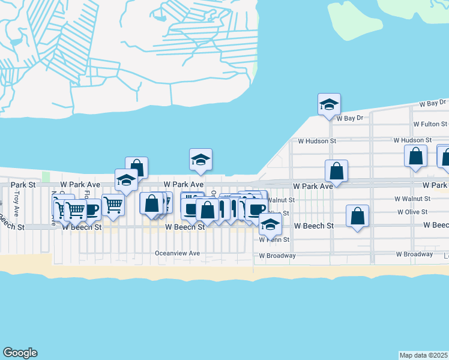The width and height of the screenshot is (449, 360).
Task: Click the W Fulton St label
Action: point(430,124)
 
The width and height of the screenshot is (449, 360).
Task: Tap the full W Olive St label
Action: point(412,212)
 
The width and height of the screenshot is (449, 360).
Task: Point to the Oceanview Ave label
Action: point(177,253)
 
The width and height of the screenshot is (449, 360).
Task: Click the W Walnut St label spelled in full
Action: point(412,198)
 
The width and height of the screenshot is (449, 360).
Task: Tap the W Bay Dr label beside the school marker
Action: point(351,118)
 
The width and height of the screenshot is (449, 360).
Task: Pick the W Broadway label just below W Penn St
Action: point(277,256)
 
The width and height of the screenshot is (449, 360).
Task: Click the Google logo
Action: point(20,353)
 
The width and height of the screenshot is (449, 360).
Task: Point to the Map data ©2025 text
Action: point(423,355)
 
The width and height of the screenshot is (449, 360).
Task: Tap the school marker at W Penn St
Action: point(271,224)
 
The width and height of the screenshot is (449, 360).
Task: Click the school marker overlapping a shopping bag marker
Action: point(126,180)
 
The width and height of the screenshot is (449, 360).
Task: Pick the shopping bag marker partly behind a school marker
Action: point(137,167)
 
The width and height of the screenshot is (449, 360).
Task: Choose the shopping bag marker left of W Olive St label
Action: point(357,216)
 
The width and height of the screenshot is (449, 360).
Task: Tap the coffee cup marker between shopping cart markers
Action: point(90,210)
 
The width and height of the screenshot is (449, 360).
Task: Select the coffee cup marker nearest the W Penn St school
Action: point(256,209)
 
